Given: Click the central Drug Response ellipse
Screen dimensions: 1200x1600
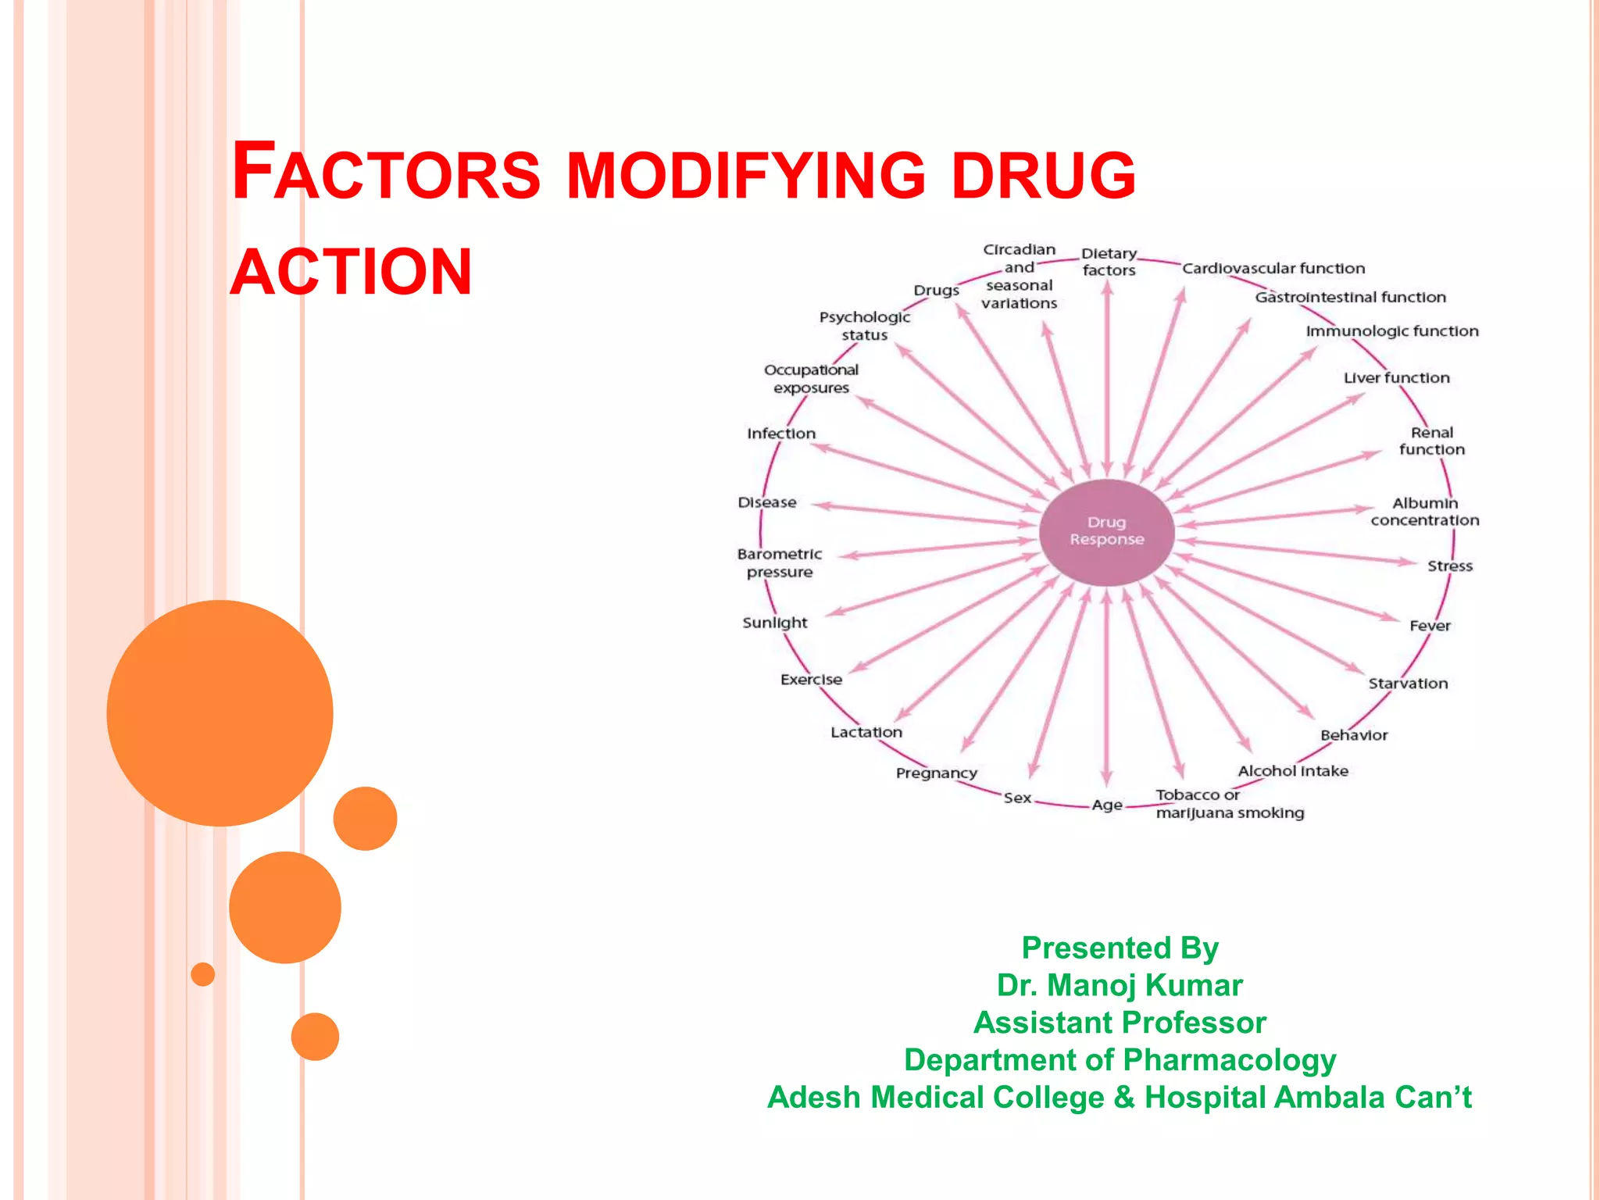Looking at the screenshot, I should [1106, 532].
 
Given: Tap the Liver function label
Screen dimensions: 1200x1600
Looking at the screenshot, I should [1396, 378].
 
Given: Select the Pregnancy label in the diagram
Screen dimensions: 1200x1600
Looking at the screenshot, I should [936, 773].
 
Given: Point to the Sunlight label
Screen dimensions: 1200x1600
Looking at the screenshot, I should [774, 623].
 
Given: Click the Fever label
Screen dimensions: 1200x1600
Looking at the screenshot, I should [1430, 626].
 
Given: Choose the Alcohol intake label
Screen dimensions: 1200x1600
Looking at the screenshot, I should [1293, 771].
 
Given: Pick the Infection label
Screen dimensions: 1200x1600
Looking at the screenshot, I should [780, 434].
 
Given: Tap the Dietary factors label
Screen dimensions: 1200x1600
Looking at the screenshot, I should [1109, 262].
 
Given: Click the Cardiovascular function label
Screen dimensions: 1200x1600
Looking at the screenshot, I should [1273, 269].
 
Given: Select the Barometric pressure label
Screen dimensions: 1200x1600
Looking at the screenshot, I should [779, 563].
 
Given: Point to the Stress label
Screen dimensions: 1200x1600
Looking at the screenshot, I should [1449, 566].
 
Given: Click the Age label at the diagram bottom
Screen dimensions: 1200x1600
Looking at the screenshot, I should [1107, 805].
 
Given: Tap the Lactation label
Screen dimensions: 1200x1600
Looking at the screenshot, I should [866, 732].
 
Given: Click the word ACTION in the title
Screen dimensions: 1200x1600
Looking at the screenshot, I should [352, 272].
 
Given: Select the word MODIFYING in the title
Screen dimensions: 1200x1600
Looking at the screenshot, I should [745, 175].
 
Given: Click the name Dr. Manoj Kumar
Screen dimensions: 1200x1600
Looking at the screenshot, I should [1119, 985].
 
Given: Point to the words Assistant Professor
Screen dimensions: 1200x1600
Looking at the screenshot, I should [1119, 1023].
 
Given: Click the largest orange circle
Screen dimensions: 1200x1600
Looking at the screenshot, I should [220, 712].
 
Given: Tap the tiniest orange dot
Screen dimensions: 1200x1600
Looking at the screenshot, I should [202, 974].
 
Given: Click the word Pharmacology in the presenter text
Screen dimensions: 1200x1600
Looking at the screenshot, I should [1230, 1060].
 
